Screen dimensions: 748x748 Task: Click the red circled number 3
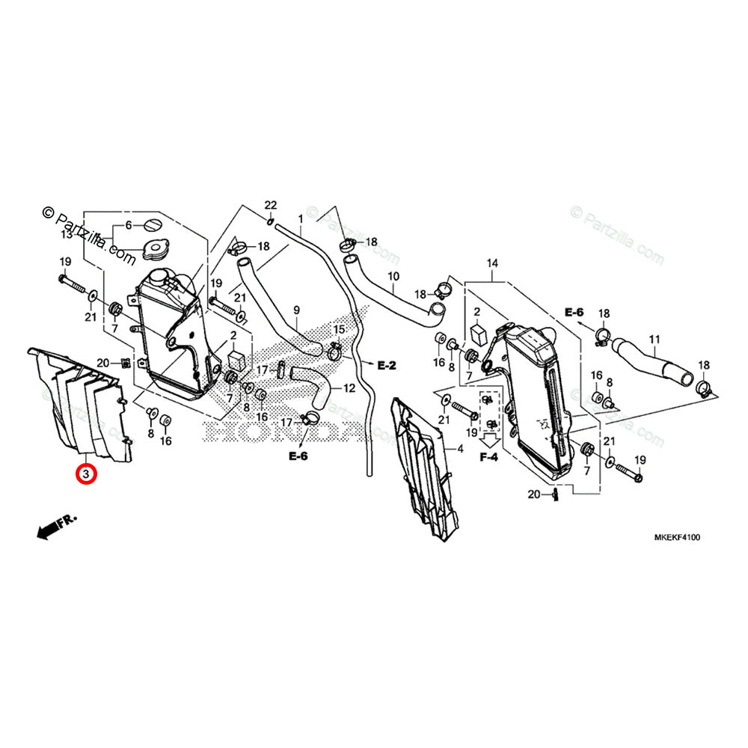click(88, 474)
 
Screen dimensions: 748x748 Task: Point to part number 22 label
click(271, 206)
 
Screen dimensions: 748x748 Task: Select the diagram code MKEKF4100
click(678, 537)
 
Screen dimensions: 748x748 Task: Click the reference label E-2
click(386, 366)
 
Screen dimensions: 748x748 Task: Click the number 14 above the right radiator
click(492, 263)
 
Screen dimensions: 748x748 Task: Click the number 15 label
click(339, 329)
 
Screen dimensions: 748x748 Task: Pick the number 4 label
click(461, 450)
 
